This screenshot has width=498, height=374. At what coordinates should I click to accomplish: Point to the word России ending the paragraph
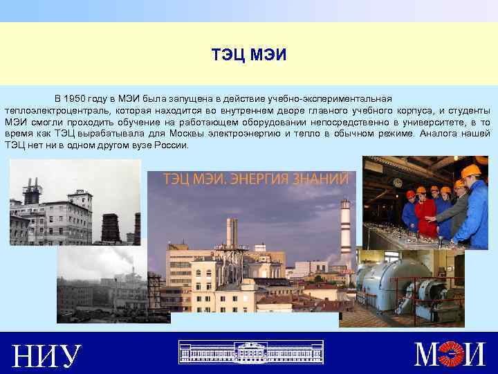point(173,145)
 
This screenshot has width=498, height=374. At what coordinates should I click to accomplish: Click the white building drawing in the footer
point(250,352)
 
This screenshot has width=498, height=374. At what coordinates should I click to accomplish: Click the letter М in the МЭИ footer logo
point(429,355)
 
